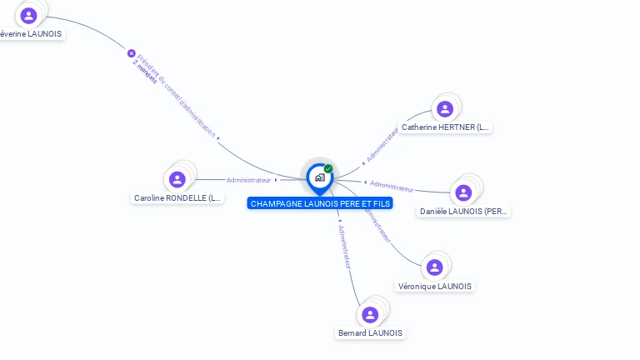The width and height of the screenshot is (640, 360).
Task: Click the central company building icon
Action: pyautogui.click(x=319, y=177)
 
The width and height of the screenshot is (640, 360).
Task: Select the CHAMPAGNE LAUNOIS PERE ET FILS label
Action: pyautogui.click(x=320, y=203)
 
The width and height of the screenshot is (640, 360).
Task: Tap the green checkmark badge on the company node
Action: pyautogui.click(x=328, y=169)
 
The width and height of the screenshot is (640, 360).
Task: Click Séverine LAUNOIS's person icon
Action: pyautogui.click(x=29, y=15)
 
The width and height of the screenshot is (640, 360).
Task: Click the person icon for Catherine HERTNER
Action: pyautogui.click(x=445, y=108)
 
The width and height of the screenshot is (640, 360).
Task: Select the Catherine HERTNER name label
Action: pyautogui.click(x=445, y=127)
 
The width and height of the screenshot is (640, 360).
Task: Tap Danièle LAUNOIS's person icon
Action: pyautogui.click(x=464, y=192)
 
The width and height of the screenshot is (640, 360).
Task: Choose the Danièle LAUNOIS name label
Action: pyautogui.click(x=463, y=212)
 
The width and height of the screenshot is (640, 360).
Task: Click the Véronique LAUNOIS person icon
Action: pyautogui.click(x=434, y=267)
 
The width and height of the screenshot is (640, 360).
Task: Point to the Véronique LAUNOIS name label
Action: pyautogui.click(x=435, y=287)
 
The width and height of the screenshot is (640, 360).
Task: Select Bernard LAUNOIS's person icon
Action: pyautogui.click(x=370, y=314)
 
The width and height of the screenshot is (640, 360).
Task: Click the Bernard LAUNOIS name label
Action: pyautogui.click(x=370, y=333)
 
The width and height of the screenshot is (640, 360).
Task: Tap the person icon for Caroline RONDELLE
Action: pyautogui.click(x=177, y=179)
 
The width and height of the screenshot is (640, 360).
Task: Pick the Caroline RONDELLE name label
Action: pyautogui.click(x=177, y=198)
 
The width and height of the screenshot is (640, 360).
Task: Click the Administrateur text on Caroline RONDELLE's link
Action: pyautogui.click(x=249, y=180)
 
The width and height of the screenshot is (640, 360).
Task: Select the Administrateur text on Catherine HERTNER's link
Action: pyautogui.click(x=382, y=143)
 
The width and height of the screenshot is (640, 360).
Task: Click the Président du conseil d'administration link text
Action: pyautogui.click(x=177, y=96)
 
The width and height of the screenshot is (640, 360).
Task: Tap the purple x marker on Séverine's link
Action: pyautogui.click(x=131, y=53)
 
